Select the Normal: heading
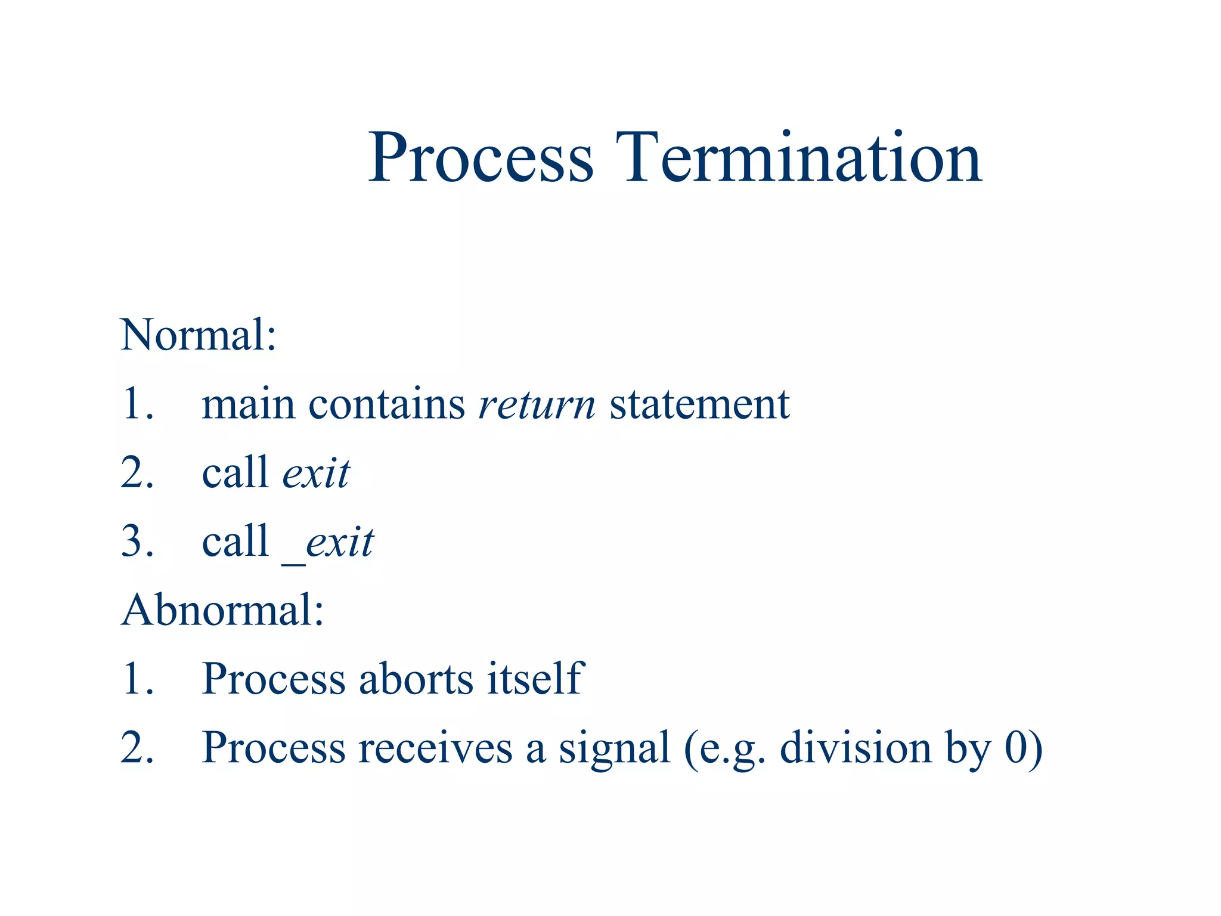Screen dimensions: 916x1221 click(x=199, y=335)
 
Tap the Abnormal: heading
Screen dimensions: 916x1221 click(x=222, y=611)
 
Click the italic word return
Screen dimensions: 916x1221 click(x=537, y=405)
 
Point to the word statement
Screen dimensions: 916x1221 click(x=699, y=404)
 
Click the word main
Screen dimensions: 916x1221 click(x=248, y=404)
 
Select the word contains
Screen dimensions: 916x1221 click(x=386, y=404)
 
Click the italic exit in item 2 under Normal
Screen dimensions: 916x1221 click(x=316, y=473)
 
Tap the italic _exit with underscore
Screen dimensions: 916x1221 click(x=329, y=543)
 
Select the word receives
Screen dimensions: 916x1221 click(x=435, y=748)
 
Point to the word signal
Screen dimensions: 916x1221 click(x=614, y=749)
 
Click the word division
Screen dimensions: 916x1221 click(x=856, y=748)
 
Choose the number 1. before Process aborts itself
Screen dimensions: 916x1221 click(x=137, y=679)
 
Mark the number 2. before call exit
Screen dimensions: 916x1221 click(x=137, y=473)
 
